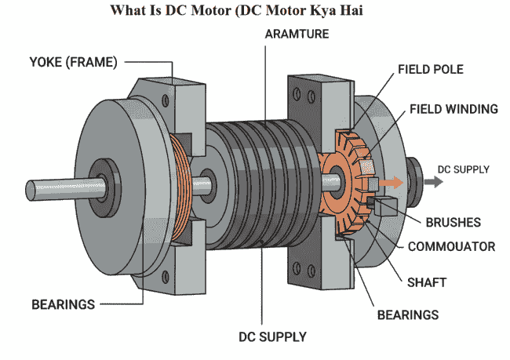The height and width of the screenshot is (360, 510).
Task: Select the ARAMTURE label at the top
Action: [297, 35]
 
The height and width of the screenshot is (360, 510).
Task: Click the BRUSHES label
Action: [453, 222]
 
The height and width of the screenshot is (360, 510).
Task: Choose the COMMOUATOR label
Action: [451, 246]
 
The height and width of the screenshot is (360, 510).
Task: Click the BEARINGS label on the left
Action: [62, 304]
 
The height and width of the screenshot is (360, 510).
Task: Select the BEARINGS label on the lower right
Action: [409, 315]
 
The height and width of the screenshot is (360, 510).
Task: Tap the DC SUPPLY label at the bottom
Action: [272, 337]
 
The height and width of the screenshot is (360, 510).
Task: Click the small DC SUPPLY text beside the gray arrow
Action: [463, 169]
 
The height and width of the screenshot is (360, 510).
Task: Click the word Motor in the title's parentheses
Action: [265, 12]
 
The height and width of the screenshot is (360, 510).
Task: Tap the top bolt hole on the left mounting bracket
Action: [164, 99]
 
